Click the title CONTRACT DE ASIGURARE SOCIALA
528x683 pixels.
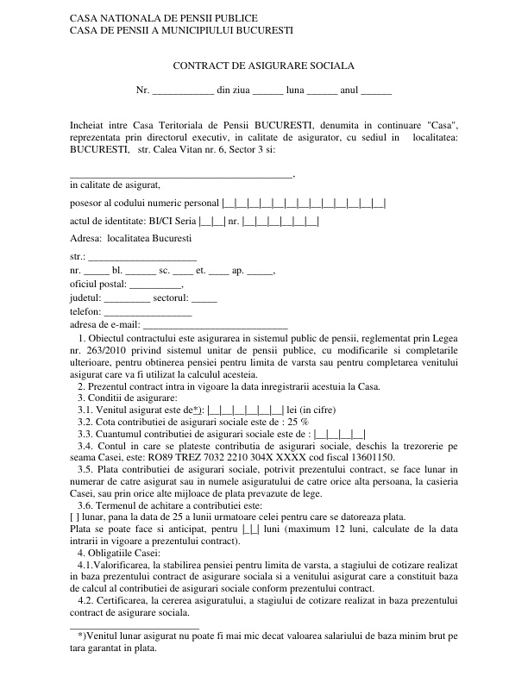click(264, 66)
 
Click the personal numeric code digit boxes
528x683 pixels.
click(304, 204)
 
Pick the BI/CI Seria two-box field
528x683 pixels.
click(211, 222)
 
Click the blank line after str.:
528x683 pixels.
click(143, 257)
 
